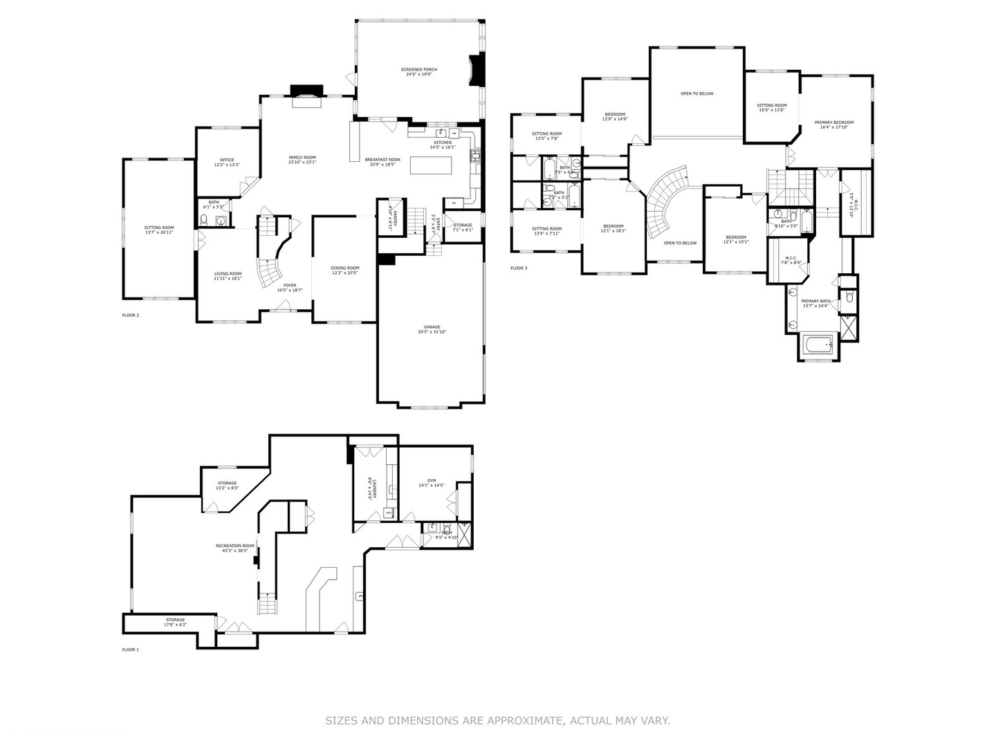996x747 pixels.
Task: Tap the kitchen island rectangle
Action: pyautogui.click(x=431, y=166)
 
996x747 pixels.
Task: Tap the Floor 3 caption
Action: pyautogui.click(x=519, y=268)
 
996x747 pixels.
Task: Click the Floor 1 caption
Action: pyautogui.click(x=131, y=649)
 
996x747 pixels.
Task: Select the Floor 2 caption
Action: pyautogui.click(x=131, y=315)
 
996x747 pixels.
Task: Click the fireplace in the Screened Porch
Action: pyautogui.click(x=476, y=70)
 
